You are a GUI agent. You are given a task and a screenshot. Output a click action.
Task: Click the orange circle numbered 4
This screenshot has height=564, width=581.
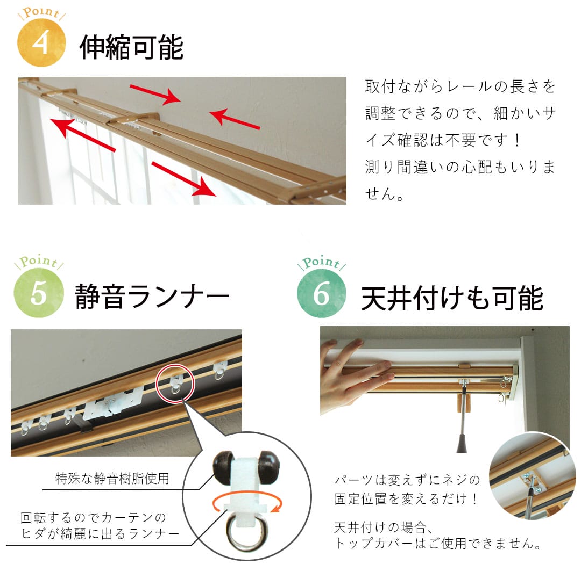[x=41, y=43]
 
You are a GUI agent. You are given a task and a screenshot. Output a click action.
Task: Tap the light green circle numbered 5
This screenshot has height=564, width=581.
[x=39, y=293]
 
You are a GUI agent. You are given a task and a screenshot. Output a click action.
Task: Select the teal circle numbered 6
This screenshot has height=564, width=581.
[x=321, y=294]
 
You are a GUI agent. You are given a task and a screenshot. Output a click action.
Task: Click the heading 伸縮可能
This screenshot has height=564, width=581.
[x=131, y=48]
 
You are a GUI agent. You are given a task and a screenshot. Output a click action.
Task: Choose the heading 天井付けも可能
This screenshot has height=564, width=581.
[x=452, y=299]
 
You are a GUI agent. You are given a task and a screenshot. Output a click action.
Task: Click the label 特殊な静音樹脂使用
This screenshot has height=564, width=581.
[x=112, y=478]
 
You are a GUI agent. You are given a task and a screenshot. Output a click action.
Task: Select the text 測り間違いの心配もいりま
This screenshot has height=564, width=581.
[x=460, y=167]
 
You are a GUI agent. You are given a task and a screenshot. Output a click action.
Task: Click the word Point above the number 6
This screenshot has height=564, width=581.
[x=321, y=263]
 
